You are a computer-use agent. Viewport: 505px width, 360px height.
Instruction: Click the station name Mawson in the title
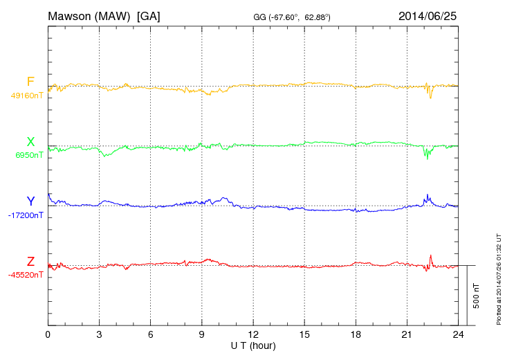[71, 15]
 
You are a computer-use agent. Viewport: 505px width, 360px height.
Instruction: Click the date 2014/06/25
[427, 15]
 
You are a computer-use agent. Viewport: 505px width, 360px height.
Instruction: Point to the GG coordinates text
[293, 16]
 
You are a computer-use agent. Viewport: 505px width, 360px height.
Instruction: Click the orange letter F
[30, 82]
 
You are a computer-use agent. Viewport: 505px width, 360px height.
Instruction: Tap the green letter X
[30, 142]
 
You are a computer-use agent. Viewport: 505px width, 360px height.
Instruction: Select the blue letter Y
[30, 201]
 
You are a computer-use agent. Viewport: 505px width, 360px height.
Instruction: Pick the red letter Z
[30, 262]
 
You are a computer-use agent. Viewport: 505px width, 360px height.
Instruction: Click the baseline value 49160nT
[26, 96]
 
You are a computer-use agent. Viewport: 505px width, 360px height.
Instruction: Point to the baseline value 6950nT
[29, 155]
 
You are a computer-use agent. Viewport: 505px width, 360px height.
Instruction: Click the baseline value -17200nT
[26, 215]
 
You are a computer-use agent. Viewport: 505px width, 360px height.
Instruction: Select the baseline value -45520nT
[26, 275]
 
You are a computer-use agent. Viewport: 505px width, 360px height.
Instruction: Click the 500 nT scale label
[477, 296]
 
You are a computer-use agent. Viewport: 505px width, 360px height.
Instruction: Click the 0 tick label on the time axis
[48, 334]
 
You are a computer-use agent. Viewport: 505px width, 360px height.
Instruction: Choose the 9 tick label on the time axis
[202, 334]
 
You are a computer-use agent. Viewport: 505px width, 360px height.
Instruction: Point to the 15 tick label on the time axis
[304, 334]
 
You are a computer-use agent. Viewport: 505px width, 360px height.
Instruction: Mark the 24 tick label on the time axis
[458, 334]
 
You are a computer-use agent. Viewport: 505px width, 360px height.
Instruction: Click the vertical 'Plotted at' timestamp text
[499, 278]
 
